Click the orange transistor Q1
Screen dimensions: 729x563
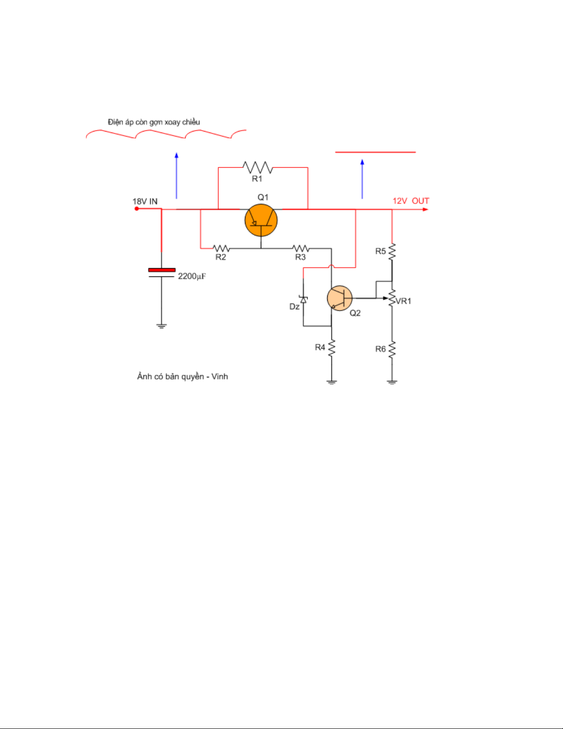[261, 220]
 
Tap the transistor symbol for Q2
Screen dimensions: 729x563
[340, 298]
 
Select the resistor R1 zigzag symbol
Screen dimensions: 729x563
[257, 167]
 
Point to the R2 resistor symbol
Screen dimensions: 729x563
[221, 249]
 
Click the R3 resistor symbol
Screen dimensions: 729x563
[301, 249]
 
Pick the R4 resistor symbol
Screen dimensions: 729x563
[331, 348]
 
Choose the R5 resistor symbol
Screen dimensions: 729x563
[392, 252]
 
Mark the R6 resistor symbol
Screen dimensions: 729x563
[392, 350]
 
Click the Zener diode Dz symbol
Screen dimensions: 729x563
[303, 299]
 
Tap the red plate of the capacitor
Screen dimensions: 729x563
[162, 270]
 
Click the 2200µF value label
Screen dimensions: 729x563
[192, 276]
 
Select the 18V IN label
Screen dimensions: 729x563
[145, 201]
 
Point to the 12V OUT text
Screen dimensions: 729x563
[410, 201]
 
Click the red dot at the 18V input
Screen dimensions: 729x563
[136, 209]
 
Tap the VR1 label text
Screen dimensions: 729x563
[404, 301]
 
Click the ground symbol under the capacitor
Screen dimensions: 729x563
[161, 326]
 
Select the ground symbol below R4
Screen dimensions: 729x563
[331, 382]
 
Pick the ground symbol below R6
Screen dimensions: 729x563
[392, 382]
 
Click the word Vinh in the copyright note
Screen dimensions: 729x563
[220, 377]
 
